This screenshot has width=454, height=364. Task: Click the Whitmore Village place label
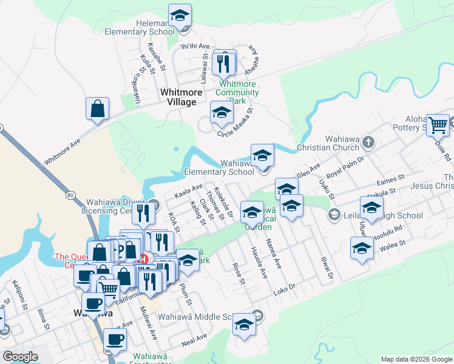click(x=178, y=97)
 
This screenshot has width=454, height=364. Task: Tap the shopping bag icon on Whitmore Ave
click(x=97, y=109)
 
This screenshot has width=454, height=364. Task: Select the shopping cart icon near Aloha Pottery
click(x=438, y=125)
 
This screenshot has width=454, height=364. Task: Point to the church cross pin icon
click(x=368, y=143)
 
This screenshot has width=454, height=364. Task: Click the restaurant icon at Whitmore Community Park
click(x=225, y=62)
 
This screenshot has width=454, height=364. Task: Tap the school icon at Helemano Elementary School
click(x=180, y=16)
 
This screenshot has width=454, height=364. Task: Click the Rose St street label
click(x=239, y=274)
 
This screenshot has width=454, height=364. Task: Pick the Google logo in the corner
click(x=20, y=357)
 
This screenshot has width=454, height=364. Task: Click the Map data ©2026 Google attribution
click(x=416, y=359)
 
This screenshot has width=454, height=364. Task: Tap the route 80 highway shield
click(x=70, y=195)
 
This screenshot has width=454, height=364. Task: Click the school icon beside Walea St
click(x=362, y=249)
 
